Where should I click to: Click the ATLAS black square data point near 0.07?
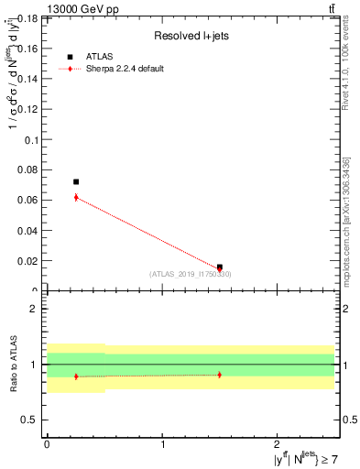(x=76, y=181)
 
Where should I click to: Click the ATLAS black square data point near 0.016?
(x=220, y=267)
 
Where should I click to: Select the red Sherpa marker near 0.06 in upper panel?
(x=76, y=197)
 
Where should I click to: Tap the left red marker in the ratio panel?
(x=76, y=376)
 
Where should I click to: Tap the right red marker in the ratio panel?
(x=220, y=375)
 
